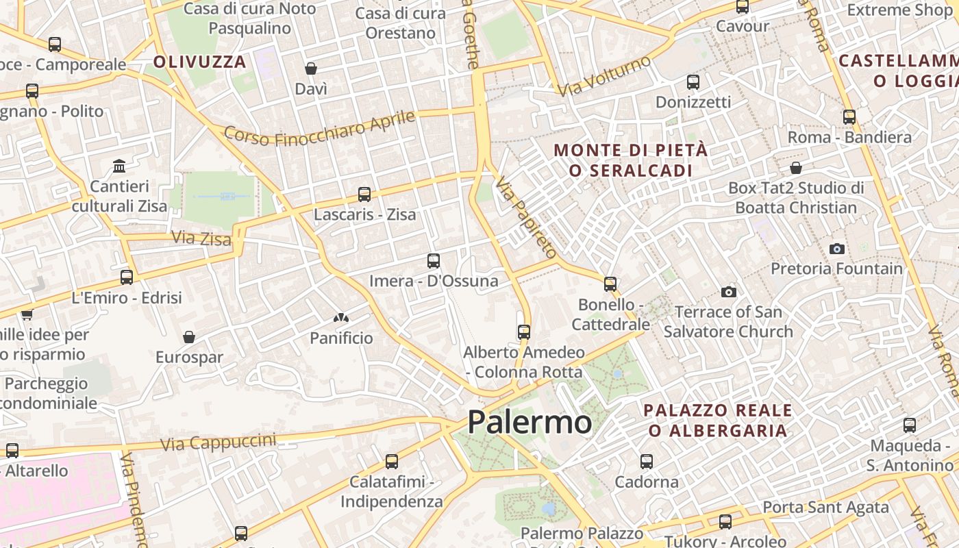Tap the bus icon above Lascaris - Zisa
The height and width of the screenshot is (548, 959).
coord(364,195)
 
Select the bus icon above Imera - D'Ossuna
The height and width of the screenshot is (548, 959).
coord(433,261)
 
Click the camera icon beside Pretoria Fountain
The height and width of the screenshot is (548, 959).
coord(836,249)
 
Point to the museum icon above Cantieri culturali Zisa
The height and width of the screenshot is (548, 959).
coord(120,166)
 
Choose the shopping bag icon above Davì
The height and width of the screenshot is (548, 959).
coord(311,68)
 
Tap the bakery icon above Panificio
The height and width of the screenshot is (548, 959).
coord(340,318)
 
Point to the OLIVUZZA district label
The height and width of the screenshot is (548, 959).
coord(199,62)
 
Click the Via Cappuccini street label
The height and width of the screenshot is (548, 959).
coord(218,442)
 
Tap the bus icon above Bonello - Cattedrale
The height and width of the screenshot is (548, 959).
coord(610,284)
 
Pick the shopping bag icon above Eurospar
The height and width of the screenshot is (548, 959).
coord(189,337)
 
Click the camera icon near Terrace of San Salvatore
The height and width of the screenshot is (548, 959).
coord(729,292)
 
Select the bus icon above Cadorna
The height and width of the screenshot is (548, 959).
coord(647,462)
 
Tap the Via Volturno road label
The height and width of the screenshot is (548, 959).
coord(603,76)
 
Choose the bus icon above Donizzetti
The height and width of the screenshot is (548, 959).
coord(693,82)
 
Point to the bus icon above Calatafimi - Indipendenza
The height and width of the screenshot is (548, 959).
coord(392,462)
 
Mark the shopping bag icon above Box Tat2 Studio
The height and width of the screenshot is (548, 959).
coord(796,168)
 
